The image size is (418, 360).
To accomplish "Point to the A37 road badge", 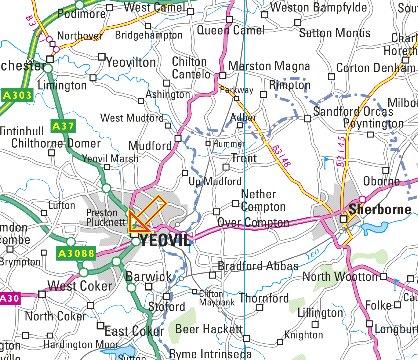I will pos(63,125).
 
